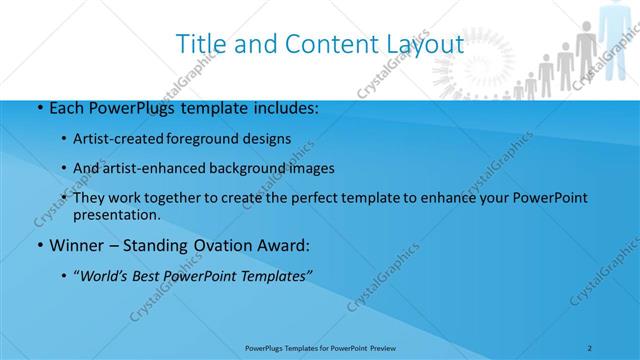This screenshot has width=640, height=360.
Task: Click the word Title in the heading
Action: tap(199, 45)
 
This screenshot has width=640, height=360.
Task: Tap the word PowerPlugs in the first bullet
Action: tap(129, 107)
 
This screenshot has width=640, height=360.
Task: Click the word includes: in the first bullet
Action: tap(281, 107)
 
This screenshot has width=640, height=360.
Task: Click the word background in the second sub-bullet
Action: tap(266, 168)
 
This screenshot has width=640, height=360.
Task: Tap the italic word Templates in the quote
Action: tap(279, 277)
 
